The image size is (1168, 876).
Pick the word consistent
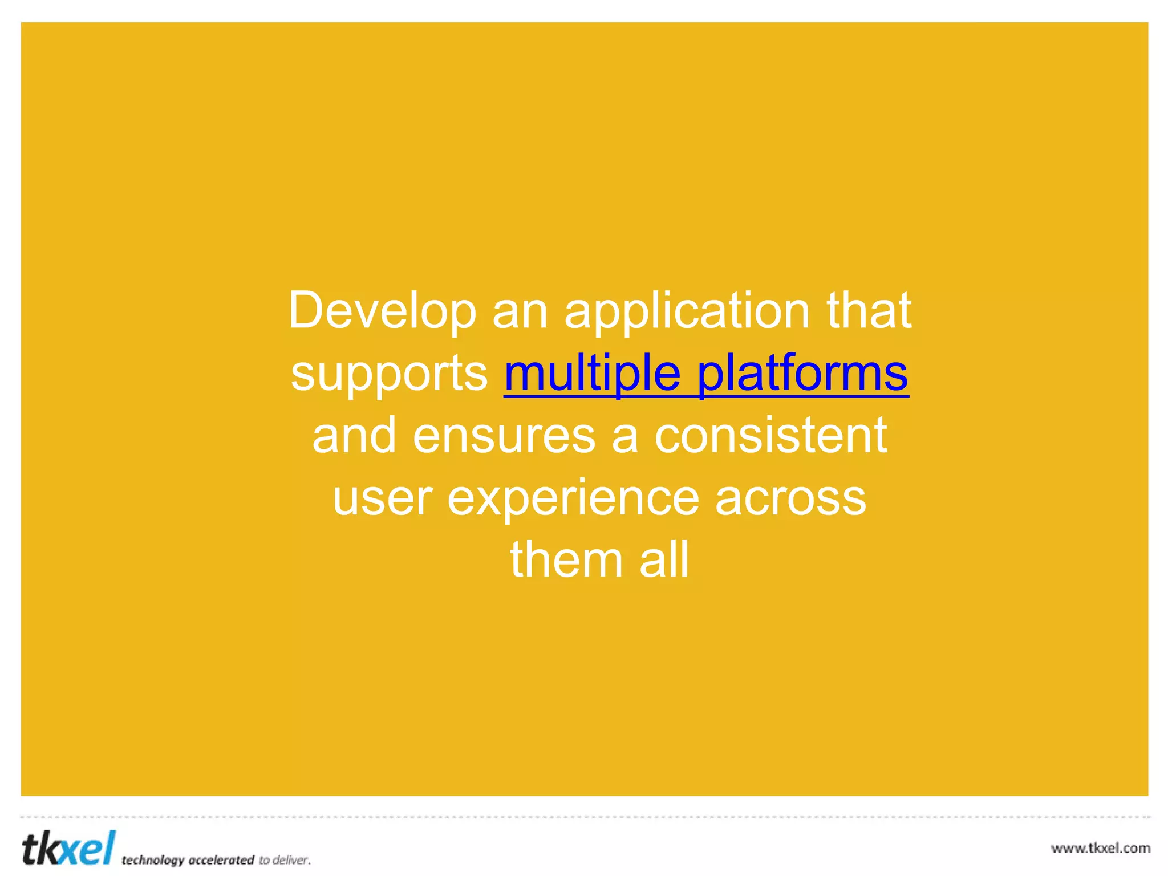point(770,436)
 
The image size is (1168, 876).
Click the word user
point(382,498)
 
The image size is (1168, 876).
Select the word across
point(790,498)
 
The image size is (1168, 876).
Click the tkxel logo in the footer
point(68,848)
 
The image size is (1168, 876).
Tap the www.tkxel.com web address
point(1100,848)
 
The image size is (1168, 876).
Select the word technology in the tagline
point(153,860)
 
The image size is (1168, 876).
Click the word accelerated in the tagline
point(221,860)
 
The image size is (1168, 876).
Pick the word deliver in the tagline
point(291,860)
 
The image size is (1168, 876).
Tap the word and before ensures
point(354,436)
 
